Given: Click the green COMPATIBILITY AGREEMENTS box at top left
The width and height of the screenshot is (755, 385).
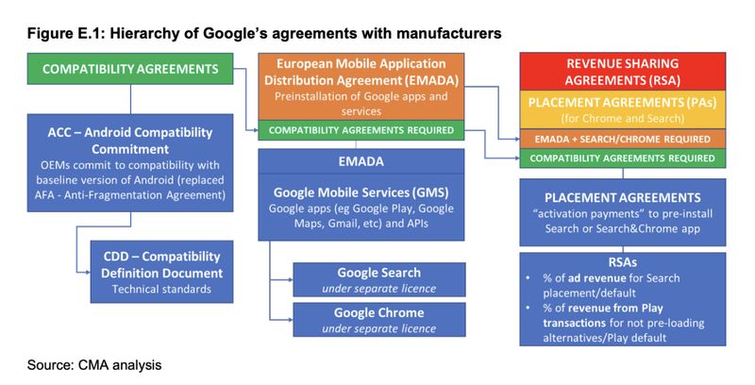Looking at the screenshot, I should pos(130,69).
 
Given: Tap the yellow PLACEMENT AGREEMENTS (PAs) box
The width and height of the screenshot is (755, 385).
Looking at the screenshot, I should pos(623,109).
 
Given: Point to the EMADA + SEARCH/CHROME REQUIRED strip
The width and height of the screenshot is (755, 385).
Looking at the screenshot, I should pos(623,139).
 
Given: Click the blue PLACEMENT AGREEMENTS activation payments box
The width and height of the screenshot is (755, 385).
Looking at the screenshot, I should pos(623,214).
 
